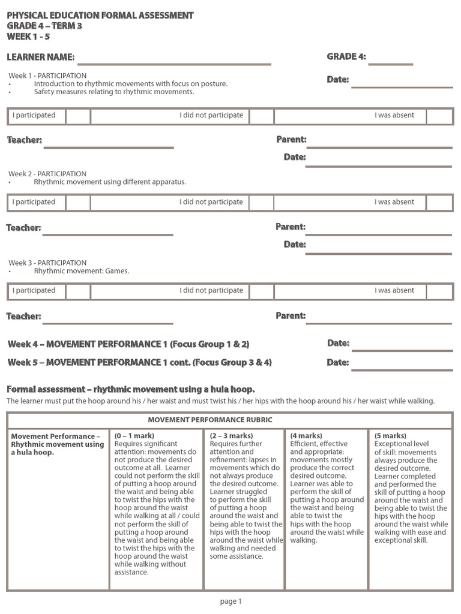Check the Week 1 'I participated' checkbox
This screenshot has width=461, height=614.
pyautogui.click(x=78, y=116)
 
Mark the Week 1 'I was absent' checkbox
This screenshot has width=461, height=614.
pyautogui.click(x=439, y=116)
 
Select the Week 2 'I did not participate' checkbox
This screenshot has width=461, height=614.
pyautogui.click(x=261, y=203)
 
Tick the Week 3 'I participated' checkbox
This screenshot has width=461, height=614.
pyautogui.click(x=78, y=291)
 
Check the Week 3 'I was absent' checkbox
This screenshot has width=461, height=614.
pyautogui.click(x=439, y=291)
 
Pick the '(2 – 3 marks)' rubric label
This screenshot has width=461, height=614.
pyautogui.click(x=232, y=435)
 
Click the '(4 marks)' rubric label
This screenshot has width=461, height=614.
pyautogui.click(x=306, y=435)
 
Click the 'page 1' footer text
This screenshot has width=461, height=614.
pyautogui.click(x=230, y=601)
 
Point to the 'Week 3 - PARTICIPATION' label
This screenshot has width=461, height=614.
pyautogui.click(x=47, y=263)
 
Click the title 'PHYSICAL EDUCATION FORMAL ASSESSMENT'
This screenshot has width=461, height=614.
pyautogui.click(x=100, y=15)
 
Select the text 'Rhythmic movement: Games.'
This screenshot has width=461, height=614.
pyautogui.click(x=82, y=271)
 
